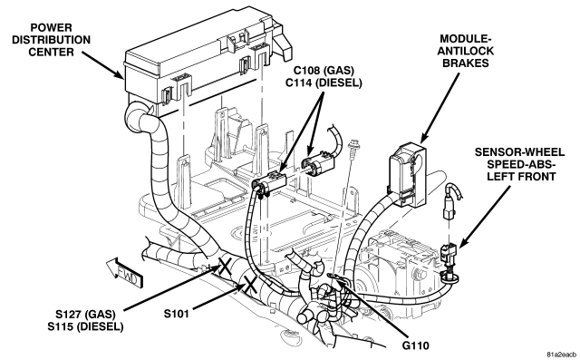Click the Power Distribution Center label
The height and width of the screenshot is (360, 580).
[51, 40]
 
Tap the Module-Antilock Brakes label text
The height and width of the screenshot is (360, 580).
[465, 51]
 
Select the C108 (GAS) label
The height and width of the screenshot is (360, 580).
[324, 71]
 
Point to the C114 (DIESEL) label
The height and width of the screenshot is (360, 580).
[324, 83]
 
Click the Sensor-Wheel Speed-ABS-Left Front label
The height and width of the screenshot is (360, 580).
[519, 164]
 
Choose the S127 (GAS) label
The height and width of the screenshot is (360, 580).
[85, 315]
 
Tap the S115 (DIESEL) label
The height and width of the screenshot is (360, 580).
[85, 326]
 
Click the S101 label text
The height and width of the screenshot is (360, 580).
[177, 314]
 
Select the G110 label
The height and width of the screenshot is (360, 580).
[416, 345]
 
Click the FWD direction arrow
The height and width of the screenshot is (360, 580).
[124, 272]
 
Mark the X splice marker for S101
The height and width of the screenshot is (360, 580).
[250, 285]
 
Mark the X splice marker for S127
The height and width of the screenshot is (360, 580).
[224, 267]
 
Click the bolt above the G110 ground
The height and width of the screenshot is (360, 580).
[354, 146]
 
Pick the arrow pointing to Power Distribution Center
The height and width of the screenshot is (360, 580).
[102, 64]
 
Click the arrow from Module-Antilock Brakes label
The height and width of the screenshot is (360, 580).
[440, 108]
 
